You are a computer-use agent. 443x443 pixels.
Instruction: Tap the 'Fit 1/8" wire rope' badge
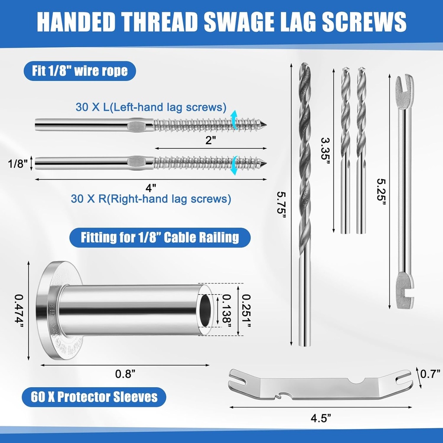80,71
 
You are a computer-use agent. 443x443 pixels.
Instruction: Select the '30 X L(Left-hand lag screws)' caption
151,107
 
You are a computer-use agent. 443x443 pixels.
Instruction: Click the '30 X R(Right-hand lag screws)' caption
151,199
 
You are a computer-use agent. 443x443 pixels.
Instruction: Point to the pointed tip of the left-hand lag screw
266,125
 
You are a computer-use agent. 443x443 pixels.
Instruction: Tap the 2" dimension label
211,140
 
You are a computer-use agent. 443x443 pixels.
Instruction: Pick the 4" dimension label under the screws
151,188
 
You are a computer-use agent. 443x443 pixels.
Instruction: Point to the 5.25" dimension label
382,191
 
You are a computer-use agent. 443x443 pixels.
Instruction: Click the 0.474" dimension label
19,311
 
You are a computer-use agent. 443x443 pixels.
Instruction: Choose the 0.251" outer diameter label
246,311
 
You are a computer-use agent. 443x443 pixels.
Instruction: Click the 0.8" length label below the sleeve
125,374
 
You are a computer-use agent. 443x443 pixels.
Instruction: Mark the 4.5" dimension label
321,418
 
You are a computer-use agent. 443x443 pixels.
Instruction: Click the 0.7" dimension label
430,374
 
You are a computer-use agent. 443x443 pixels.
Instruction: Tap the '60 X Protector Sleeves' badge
94,397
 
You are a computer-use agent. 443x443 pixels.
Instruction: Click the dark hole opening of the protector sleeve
206,310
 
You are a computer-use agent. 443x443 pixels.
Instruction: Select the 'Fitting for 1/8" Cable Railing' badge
160,238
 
